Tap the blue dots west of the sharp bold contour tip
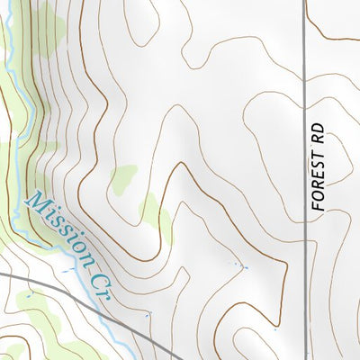241,266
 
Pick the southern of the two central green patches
155,211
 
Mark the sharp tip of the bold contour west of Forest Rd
286,274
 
